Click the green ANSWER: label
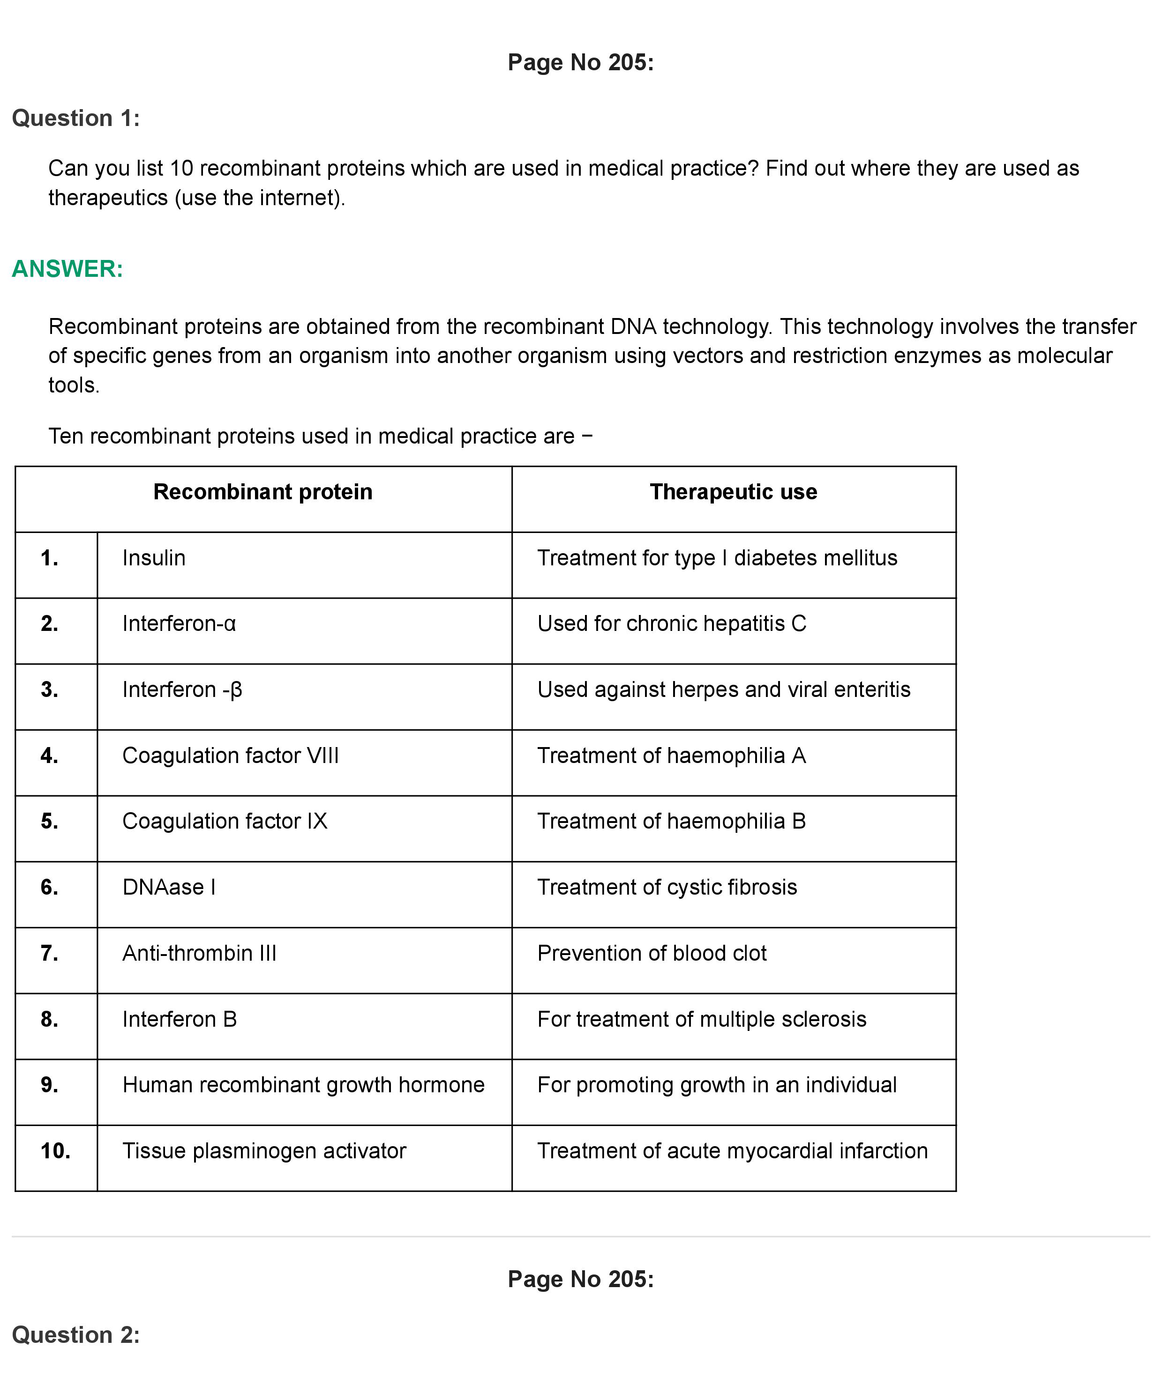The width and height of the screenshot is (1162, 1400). coord(67,269)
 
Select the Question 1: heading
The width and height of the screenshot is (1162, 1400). coord(76,118)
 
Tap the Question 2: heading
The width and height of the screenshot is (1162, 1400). coord(76,1335)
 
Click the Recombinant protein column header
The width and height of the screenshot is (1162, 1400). coord(263,492)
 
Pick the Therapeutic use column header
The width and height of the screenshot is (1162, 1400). coord(733,492)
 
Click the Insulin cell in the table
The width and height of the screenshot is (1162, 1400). coord(154,558)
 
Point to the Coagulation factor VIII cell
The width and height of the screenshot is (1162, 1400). coord(230,756)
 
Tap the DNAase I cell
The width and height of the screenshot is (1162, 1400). coord(169,887)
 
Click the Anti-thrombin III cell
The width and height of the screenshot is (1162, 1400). coord(199,953)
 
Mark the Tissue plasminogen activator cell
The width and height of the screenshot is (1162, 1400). coord(264,1151)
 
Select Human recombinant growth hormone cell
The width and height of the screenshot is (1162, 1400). coord(303,1085)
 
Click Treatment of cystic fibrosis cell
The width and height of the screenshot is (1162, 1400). coord(667,887)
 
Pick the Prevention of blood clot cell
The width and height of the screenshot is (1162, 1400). coord(652,953)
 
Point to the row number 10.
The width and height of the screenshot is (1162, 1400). coord(55,1151)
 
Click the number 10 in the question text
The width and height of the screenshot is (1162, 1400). coord(181,169)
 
